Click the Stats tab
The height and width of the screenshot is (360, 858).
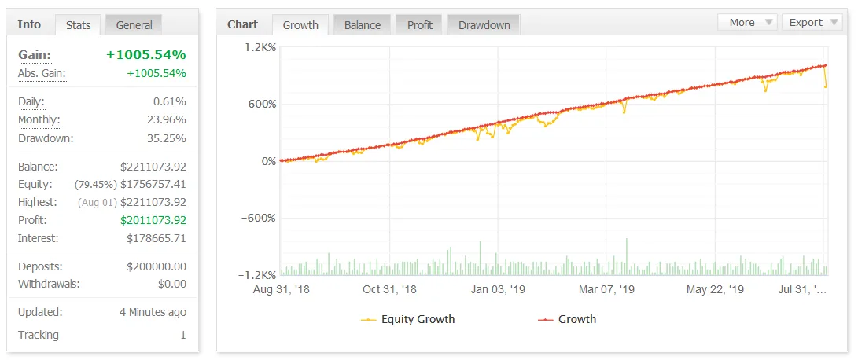tap(78, 25)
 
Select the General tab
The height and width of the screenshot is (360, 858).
tap(134, 25)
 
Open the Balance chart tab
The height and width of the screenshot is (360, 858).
tap(363, 25)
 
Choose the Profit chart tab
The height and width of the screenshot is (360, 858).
tap(420, 25)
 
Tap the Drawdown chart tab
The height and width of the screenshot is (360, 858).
tap(484, 25)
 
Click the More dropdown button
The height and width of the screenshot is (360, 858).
tap(747, 23)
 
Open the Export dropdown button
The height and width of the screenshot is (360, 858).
tap(812, 23)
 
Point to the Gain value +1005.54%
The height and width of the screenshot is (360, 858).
tap(146, 55)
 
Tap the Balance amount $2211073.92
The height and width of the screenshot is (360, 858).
tap(153, 167)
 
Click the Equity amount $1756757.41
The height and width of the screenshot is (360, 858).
tap(153, 184)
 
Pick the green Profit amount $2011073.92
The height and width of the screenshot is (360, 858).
tap(153, 220)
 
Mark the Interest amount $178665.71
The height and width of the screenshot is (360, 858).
tap(157, 238)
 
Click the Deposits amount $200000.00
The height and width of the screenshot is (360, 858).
tap(157, 266)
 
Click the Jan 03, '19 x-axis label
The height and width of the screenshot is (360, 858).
tap(498, 289)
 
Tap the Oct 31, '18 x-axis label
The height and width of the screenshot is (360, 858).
tap(389, 289)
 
